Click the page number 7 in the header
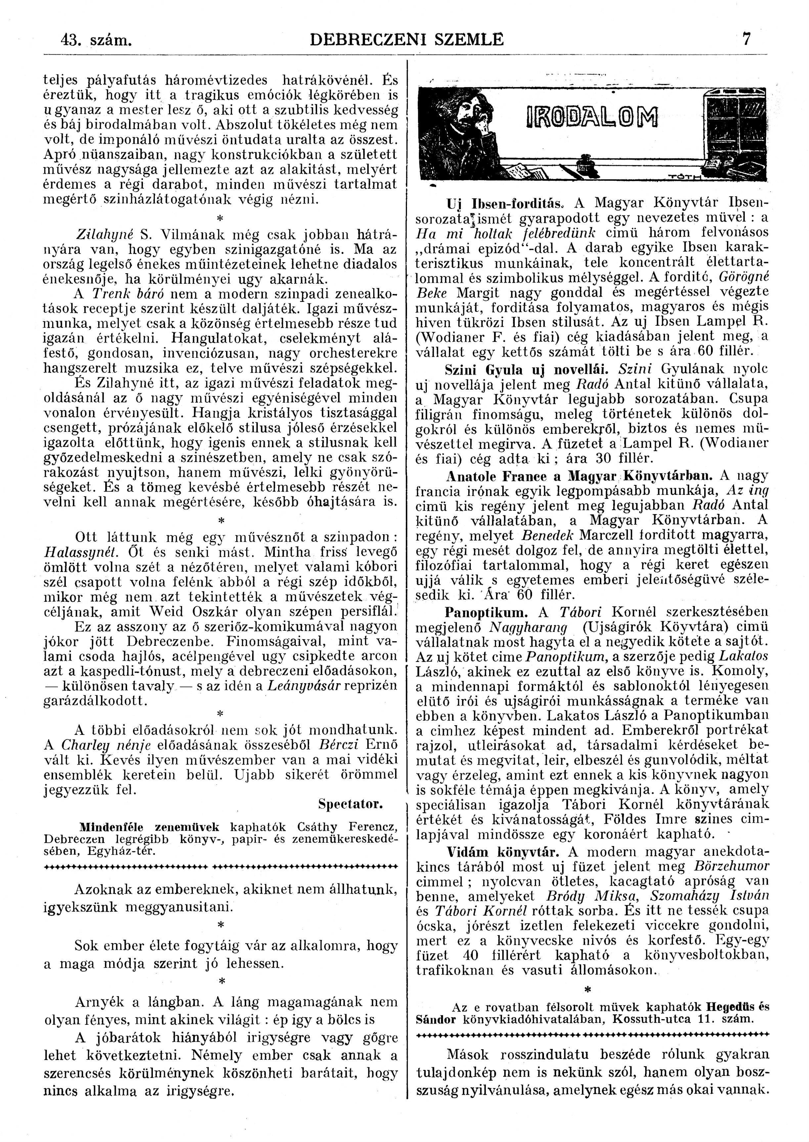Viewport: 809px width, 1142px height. click(746, 39)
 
